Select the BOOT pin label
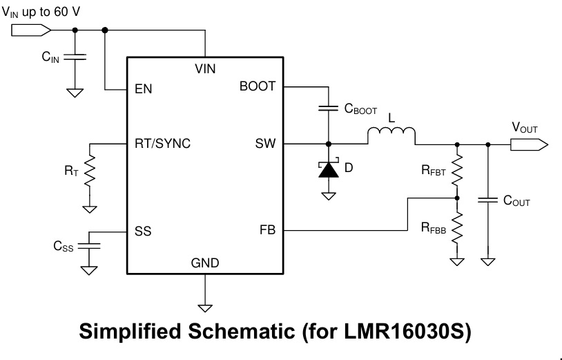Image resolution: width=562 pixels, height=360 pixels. (258, 86)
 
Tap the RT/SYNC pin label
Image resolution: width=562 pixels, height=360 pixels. (163, 144)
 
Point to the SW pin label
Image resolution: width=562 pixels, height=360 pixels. (265, 144)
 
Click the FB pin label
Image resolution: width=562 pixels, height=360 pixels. (267, 231)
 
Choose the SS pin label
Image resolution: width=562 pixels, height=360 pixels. (143, 231)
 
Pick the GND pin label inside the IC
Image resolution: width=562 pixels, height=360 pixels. (205, 263)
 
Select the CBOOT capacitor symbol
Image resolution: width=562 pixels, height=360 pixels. (329, 108)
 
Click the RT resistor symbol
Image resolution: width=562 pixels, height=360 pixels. (90, 174)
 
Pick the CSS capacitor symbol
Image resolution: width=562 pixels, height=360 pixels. (89, 245)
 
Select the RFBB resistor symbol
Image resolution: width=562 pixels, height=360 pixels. (456, 229)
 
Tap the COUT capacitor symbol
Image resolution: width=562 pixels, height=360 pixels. (488, 200)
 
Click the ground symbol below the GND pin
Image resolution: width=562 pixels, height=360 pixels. (205, 306)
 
